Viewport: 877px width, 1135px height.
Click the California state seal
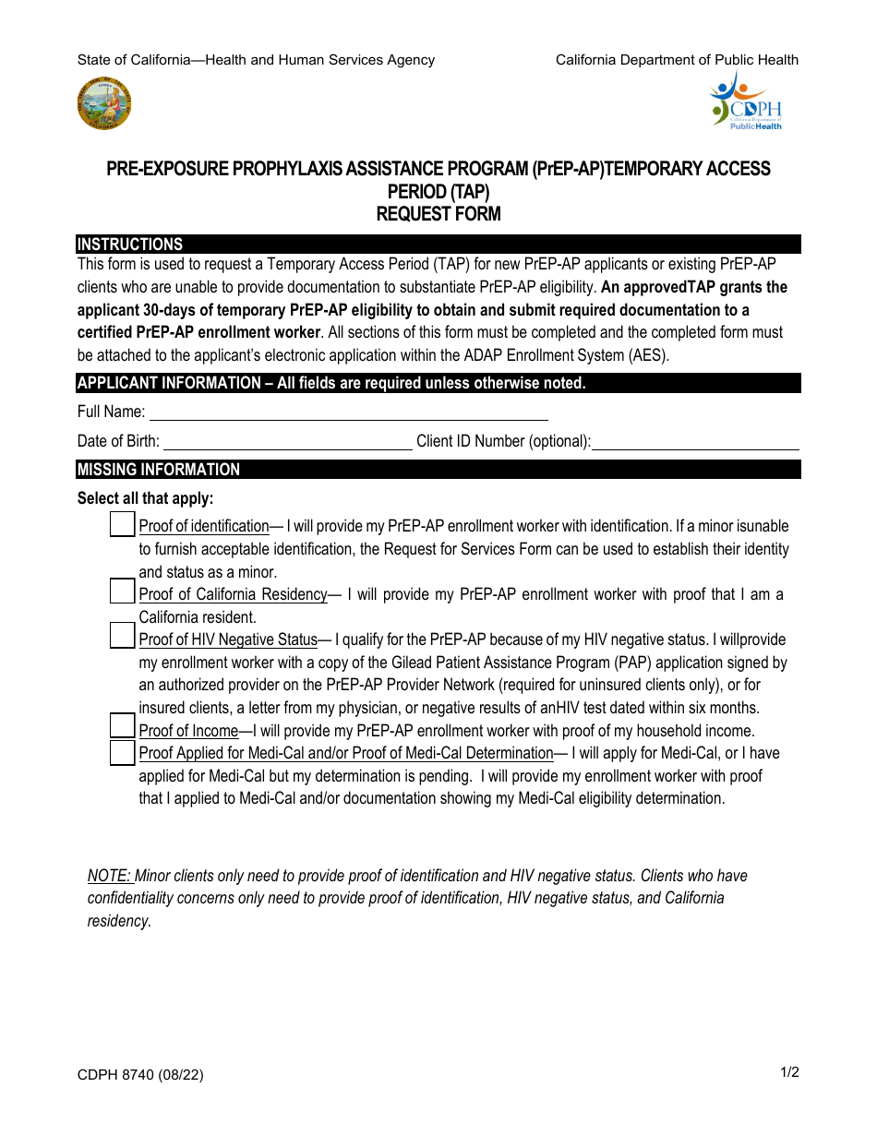coord(104,103)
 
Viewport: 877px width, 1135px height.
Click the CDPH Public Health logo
coord(745,101)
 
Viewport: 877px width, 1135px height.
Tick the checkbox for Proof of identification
coord(122,525)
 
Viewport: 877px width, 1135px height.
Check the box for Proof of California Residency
coord(122,591)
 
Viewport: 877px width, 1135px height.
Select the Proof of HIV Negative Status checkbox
coord(122,637)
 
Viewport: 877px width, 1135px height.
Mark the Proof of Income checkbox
coord(122,726)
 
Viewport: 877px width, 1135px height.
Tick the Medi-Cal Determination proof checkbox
coord(122,752)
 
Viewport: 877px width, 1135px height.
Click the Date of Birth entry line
coord(287,441)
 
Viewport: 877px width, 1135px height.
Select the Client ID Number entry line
coord(695,442)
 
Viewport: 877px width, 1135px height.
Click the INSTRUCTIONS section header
coord(130,245)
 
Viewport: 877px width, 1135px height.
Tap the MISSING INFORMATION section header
coord(159,470)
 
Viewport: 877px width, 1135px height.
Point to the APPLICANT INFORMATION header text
coord(330,383)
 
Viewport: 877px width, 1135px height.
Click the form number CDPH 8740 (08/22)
coord(141,1076)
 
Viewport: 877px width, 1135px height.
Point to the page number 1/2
coord(788,1072)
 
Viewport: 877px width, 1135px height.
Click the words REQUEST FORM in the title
coord(438,214)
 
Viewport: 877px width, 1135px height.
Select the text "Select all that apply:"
coord(146,498)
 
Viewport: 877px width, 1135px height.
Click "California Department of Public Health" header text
coord(677,60)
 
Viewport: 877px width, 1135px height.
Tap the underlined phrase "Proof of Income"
coord(188,731)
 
